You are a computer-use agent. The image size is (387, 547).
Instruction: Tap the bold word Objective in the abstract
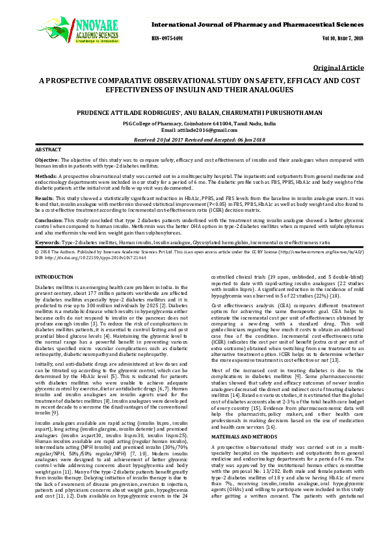(46, 159)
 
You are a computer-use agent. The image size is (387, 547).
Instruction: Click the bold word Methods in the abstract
(45, 175)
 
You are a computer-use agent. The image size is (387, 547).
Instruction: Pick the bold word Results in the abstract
(44, 197)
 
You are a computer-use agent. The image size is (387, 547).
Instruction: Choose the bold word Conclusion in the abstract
(48, 219)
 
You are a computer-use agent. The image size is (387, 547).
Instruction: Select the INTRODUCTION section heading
(53, 277)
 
